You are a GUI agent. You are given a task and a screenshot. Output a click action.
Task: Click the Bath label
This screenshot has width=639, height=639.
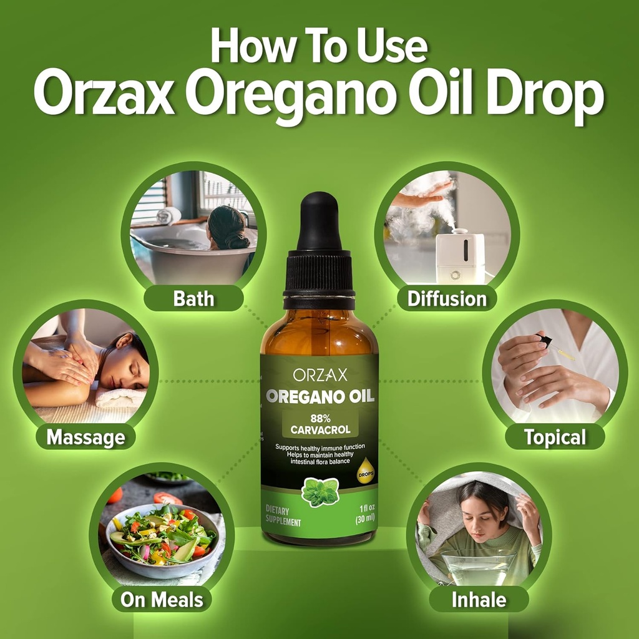point(193,298)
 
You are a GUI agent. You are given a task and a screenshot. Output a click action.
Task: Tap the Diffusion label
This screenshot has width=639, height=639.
point(447,298)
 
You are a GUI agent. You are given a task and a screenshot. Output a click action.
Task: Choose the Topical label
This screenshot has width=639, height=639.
point(555,437)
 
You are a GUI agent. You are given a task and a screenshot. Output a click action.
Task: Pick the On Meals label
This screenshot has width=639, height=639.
point(162,600)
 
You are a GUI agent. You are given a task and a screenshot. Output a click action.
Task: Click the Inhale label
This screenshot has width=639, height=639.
point(479,600)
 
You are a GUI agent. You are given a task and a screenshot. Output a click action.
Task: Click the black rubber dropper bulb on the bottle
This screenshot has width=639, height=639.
point(319,222)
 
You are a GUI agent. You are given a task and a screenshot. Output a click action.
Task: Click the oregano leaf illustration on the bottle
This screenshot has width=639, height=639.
point(320,492)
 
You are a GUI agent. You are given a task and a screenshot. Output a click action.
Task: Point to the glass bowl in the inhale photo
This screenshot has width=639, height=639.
point(477,570)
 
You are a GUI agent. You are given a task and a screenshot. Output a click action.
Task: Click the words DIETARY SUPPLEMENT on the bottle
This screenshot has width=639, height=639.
point(283,516)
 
